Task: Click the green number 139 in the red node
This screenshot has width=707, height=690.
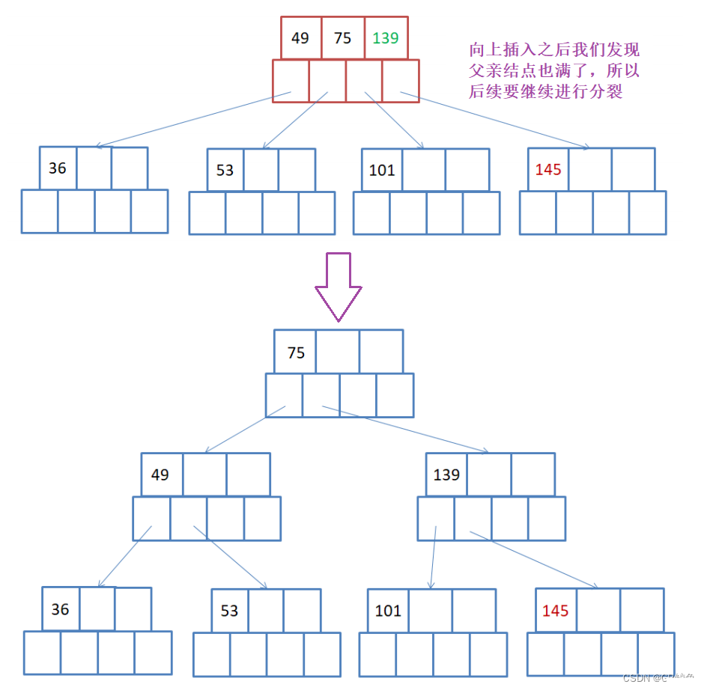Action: pyautogui.click(x=386, y=37)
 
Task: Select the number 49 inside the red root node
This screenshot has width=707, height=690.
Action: pyautogui.click(x=300, y=37)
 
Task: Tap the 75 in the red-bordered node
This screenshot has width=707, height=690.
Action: pyautogui.click(x=343, y=37)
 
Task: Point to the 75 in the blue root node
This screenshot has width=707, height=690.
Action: pyautogui.click(x=297, y=352)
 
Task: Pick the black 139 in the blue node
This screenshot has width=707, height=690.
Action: pyautogui.click(x=446, y=474)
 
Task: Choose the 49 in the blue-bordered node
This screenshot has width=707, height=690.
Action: pyautogui.click(x=160, y=474)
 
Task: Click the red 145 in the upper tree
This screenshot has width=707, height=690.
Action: pyautogui.click(x=548, y=170)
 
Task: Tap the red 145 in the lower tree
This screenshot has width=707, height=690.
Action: pyautogui.click(x=555, y=611)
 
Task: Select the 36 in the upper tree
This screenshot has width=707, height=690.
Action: pyautogui.click(x=58, y=168)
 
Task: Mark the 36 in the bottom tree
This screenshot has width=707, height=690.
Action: pyautogui.click(x=61, y=609)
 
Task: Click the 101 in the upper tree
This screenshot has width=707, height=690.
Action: pyautogui.click(x=382, y=170)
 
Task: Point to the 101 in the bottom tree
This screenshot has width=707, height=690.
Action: pyautogui.click(x=388, y=611)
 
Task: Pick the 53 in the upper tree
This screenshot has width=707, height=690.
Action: pyautogui.click(x=225, y=170)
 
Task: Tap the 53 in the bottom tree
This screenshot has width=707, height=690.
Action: pyautogui.click(x=229, y=611)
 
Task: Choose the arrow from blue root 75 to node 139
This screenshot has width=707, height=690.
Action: pyautogui.click(x=404, y=430)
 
